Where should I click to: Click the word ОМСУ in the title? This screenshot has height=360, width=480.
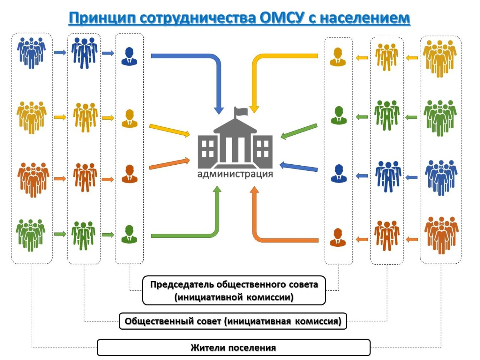(282, 18)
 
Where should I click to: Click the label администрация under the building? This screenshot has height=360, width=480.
(235, 174)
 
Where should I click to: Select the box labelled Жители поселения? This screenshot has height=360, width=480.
(234, 348)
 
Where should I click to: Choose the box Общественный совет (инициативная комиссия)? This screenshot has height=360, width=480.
(233, 321)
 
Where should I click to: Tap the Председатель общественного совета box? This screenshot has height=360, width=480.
(234, 291)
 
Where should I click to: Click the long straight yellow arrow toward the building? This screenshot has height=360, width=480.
(169, 131)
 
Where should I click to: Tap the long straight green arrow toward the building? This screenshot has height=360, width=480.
(299, 131)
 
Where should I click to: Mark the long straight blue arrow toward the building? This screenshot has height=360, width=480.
(298, 166)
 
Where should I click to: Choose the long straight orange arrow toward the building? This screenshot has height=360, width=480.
(169, 163)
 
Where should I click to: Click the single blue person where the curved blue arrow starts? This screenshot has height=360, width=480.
(129, 56)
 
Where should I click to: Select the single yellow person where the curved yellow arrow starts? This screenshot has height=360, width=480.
(338, 57)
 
